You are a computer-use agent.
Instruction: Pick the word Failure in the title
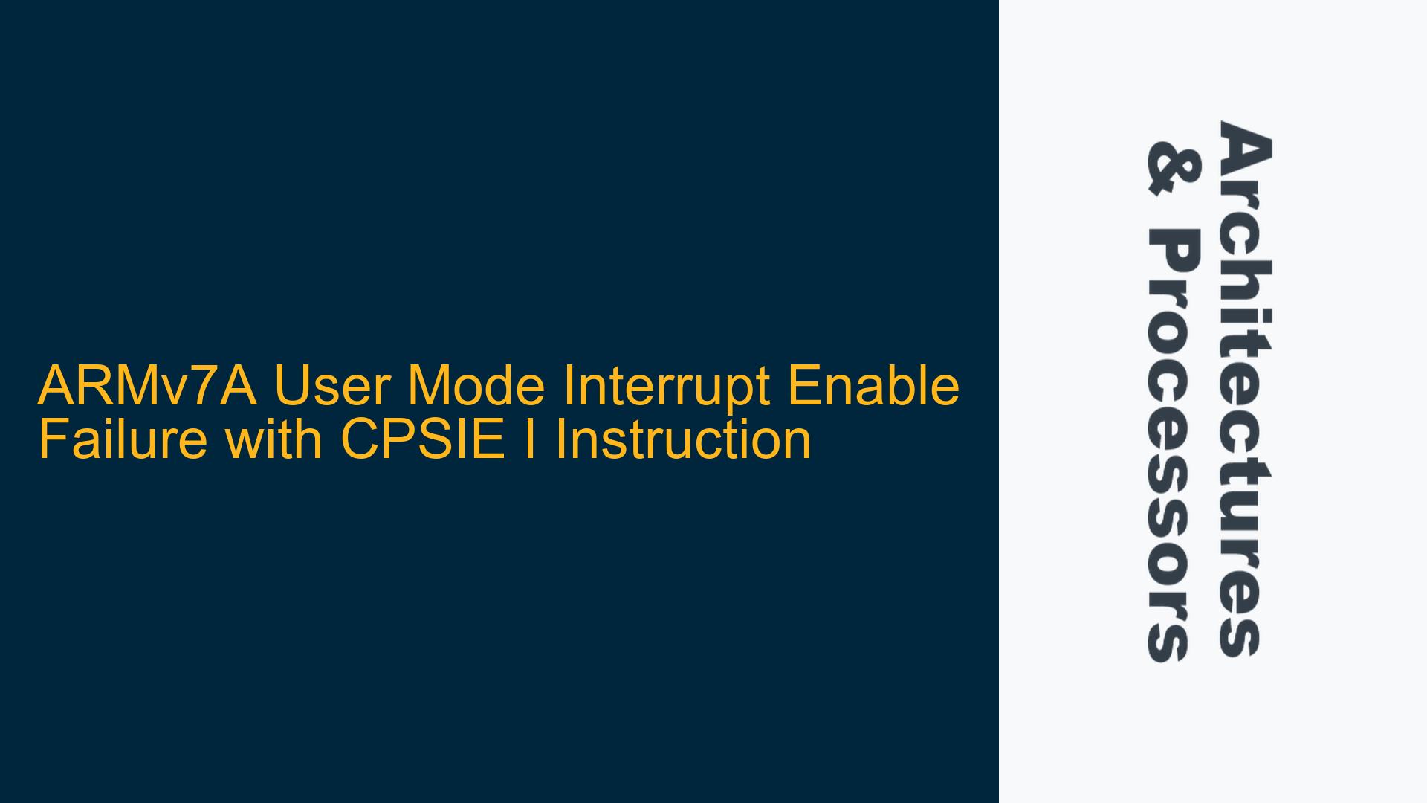(x=122, y=439)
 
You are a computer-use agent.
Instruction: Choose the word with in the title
(x=274, y=439)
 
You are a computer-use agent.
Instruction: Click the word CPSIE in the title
(x=423, y=439)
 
